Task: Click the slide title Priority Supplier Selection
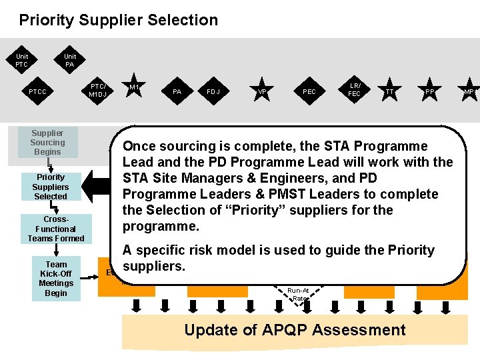118,20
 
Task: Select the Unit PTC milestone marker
22,61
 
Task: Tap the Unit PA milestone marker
70,61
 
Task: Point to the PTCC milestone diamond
37,91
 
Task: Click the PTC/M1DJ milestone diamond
98,90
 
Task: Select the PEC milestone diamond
309,91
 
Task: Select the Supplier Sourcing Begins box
47,142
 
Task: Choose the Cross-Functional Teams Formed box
56,229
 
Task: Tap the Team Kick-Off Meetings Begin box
56,279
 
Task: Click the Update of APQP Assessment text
295,330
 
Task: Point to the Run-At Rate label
298,294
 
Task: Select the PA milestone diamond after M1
177,91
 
